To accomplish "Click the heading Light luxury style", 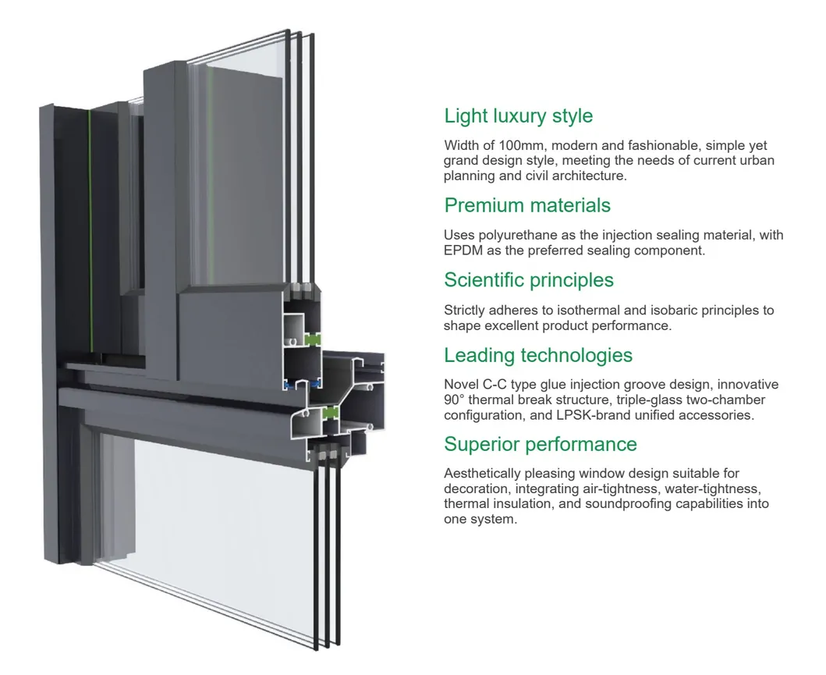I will (x=518, y=116).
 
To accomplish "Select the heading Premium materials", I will (x=527, y=205).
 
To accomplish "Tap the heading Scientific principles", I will (x=529, y=280).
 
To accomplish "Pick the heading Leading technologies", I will (x=538, y=355).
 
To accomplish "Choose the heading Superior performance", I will (x=541, y=444).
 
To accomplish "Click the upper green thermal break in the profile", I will (x=313, y=339).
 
